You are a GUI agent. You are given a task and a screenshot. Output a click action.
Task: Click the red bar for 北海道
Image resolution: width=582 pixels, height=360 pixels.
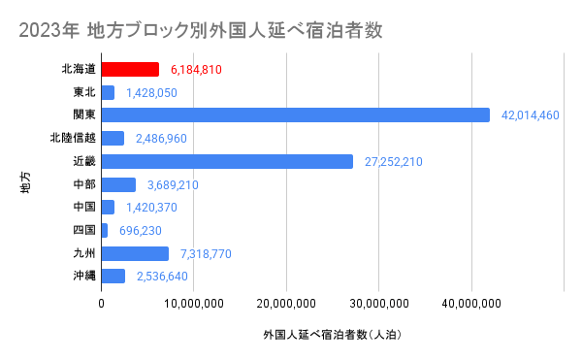130,69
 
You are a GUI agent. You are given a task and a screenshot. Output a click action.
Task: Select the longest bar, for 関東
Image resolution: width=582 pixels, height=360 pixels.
296,115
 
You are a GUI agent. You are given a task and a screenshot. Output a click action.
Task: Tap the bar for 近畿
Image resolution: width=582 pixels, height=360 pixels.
227,161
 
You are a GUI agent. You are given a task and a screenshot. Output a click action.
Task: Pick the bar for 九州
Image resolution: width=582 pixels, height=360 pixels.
135,253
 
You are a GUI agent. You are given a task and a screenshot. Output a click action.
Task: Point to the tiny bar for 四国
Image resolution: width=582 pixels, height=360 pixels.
105,230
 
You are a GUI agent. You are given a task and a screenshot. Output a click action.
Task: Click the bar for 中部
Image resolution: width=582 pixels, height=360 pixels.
118,184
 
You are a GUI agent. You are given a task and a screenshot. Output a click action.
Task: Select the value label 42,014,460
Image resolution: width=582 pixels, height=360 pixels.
531,115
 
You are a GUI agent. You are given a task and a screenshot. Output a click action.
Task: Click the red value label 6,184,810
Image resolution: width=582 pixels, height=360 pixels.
196,70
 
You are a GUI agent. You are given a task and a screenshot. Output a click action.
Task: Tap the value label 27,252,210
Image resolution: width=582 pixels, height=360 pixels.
393,162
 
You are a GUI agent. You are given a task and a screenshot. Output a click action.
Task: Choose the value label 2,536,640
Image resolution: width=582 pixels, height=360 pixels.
162,277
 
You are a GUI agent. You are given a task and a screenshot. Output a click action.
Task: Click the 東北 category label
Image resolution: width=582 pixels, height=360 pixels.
83,92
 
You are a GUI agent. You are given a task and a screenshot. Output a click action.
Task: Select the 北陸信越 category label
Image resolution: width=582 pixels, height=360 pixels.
72,139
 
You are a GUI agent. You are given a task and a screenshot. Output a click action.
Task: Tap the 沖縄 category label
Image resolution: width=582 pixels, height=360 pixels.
83,277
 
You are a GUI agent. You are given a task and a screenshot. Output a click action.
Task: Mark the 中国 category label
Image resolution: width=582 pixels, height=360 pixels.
83,208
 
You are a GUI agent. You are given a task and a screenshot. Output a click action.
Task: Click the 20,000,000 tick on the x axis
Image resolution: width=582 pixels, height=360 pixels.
287,304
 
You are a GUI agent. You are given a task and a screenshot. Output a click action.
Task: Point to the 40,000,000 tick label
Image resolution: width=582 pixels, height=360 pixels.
472,304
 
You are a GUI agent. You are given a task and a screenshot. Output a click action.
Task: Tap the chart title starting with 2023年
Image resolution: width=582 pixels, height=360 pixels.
200,31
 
